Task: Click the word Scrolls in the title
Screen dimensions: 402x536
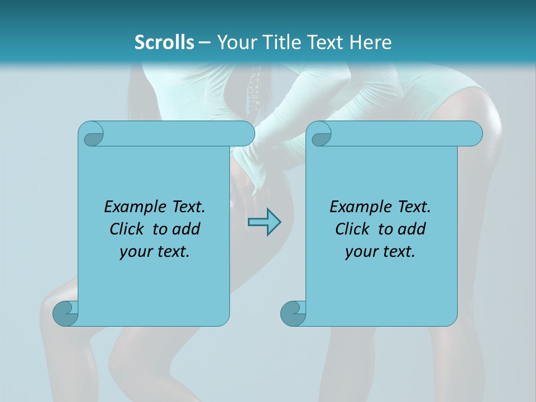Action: click(164, 42)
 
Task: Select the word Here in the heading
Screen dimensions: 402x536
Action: click(370, 42)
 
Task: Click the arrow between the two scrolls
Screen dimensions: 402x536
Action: click(264, 222)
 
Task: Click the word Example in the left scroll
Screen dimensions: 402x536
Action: click(131, 207)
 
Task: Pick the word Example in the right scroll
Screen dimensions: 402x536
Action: click(357, 207)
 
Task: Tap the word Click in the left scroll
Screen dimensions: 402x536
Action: click(128, 229)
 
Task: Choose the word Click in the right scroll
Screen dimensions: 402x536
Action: click(353, 229)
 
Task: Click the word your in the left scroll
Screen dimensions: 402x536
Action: click(135, 252)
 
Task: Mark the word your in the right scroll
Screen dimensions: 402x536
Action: click(361, 252)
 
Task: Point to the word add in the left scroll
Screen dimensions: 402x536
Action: click(186, 229)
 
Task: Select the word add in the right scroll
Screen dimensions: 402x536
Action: click(412, 229)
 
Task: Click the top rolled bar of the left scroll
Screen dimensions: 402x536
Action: click(179, 134)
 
